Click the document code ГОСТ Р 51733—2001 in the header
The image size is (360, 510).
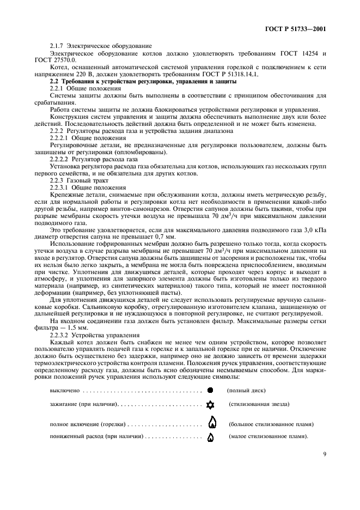[x=298, y=29]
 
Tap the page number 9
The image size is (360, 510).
[x=324, y=453]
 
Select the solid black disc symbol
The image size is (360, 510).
[x=210, y=391]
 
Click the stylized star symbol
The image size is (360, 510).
[x=210, y=405]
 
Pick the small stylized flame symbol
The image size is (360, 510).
[x=211, y=437]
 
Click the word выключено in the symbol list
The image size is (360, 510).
[x=65, y=391]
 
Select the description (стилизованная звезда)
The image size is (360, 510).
[x=259, y=404]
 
